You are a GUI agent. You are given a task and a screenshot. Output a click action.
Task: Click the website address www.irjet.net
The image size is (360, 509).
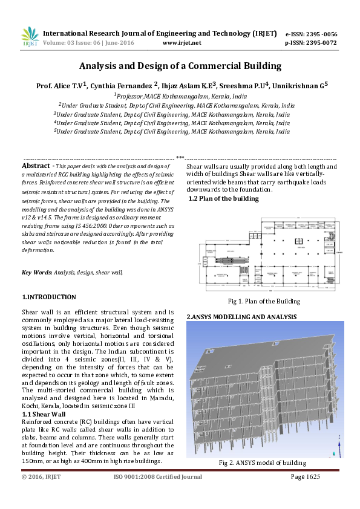pos(182,44)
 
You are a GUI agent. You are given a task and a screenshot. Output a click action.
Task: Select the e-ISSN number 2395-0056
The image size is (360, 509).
pos(319,34)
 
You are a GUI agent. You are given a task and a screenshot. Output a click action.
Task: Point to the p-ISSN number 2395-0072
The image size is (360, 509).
pos(319,44)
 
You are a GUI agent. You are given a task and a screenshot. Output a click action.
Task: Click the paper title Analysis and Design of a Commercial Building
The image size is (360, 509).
pos(180,66)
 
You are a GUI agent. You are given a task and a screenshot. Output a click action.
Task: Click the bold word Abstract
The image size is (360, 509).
pos(36,166)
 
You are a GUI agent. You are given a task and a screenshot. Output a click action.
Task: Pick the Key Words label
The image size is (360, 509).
pos(36,273)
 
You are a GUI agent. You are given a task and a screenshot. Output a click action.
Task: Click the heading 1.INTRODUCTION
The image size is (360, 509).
pos(49,297)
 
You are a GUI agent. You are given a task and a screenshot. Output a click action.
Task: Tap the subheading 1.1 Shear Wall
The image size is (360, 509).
pos(44,414)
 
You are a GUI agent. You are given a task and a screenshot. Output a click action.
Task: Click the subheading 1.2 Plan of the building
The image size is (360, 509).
pos(223,198)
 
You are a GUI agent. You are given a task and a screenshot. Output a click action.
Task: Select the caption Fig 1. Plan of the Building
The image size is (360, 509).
pos(264,301)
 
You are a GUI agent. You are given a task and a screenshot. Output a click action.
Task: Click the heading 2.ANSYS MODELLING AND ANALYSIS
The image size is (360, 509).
pos(241,317)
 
